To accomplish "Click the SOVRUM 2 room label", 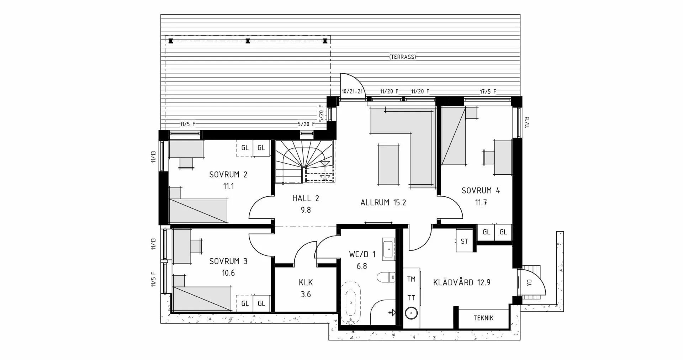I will click(x=228, y=174).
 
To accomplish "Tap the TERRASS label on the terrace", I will click(x=402, y=57).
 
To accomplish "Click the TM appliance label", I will click(x=411, y=279).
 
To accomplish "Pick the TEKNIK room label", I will click(x=483, y=318).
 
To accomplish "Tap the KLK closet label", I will click(x=306, y=282).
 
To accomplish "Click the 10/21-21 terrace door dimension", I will click(x=352, y=91).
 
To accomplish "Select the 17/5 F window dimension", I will click(x=488, y=92).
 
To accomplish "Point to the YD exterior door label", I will click(x=529, y=283).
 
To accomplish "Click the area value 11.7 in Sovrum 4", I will click(x=481, y=202).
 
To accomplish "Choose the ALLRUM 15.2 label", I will click(x=383, y=203).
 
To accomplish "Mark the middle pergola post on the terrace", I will click(x=248, y=41).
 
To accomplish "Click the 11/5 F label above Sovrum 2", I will click(x=187, y=124).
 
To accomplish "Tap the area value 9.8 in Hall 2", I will click(x=306, y=210).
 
